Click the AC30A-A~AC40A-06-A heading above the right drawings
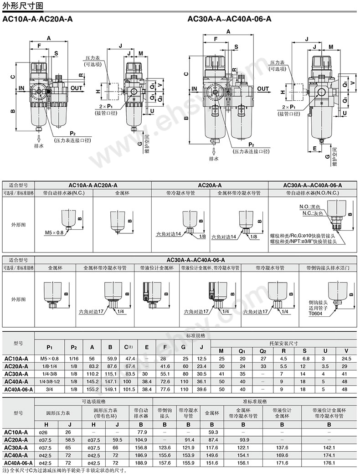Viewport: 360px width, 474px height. pyautogui.click(x=229, y=19)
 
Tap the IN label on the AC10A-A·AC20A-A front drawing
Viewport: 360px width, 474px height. pyautogui.click(x=21, y=88)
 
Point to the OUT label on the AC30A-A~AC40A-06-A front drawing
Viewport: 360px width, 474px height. pyautogui.click(x=263, y=89)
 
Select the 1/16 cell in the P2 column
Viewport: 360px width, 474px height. pyautogui.click(x=74, y=359)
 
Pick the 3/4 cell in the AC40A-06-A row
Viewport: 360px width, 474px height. pyautogui.click(x=46, y=390)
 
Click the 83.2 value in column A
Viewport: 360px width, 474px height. pyautogui.click(x=92, y=366)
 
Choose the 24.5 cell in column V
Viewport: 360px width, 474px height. pyautogui.click(x=345, y=359)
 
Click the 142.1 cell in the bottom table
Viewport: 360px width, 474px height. pyautogui.click(x=329, y=448)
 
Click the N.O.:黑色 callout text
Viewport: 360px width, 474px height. pyautogui.click(x=310, y=206)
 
